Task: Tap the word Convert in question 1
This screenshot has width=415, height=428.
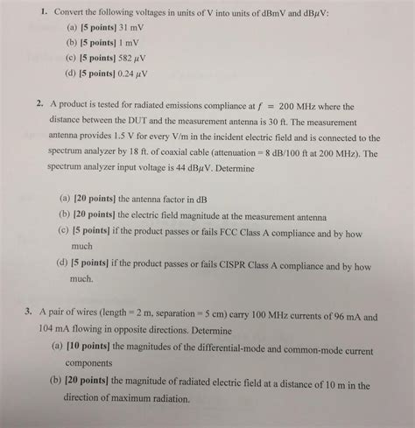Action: pyautogui.click(x=72, y=14)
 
